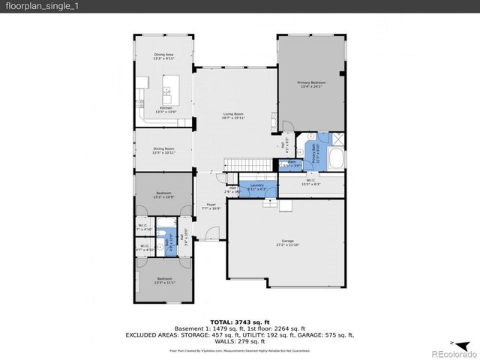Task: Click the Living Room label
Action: (233, 115)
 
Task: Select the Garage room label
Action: (288, 242)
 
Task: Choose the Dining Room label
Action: (163, 150)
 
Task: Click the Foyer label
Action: (211, 205)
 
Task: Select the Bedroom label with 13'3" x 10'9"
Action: (163, 194)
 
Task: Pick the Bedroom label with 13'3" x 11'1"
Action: (163, 280)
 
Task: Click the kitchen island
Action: (166, 94)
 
